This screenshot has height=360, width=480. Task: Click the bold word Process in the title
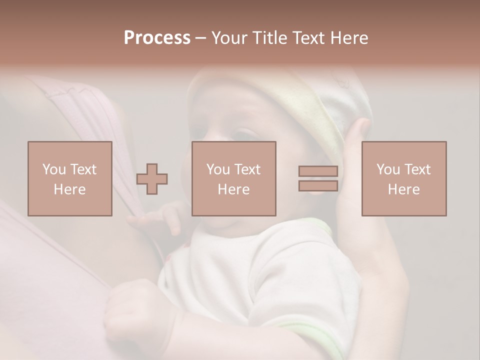coord(157,38)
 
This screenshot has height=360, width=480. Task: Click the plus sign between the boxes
coord(152,179)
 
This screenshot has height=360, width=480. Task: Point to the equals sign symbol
coord(318,178)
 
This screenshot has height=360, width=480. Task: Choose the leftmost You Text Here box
coord(70,178)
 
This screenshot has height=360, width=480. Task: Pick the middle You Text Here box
coord(234,178)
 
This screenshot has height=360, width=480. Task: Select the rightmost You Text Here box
coord(404,178)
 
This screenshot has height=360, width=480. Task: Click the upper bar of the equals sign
coord(318,171)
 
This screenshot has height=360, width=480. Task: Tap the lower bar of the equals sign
coord(318,185)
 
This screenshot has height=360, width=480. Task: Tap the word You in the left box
coord(54,169)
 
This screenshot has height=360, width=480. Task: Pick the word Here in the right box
coord(404,189)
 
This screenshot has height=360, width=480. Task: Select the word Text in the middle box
coord(247,169)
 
